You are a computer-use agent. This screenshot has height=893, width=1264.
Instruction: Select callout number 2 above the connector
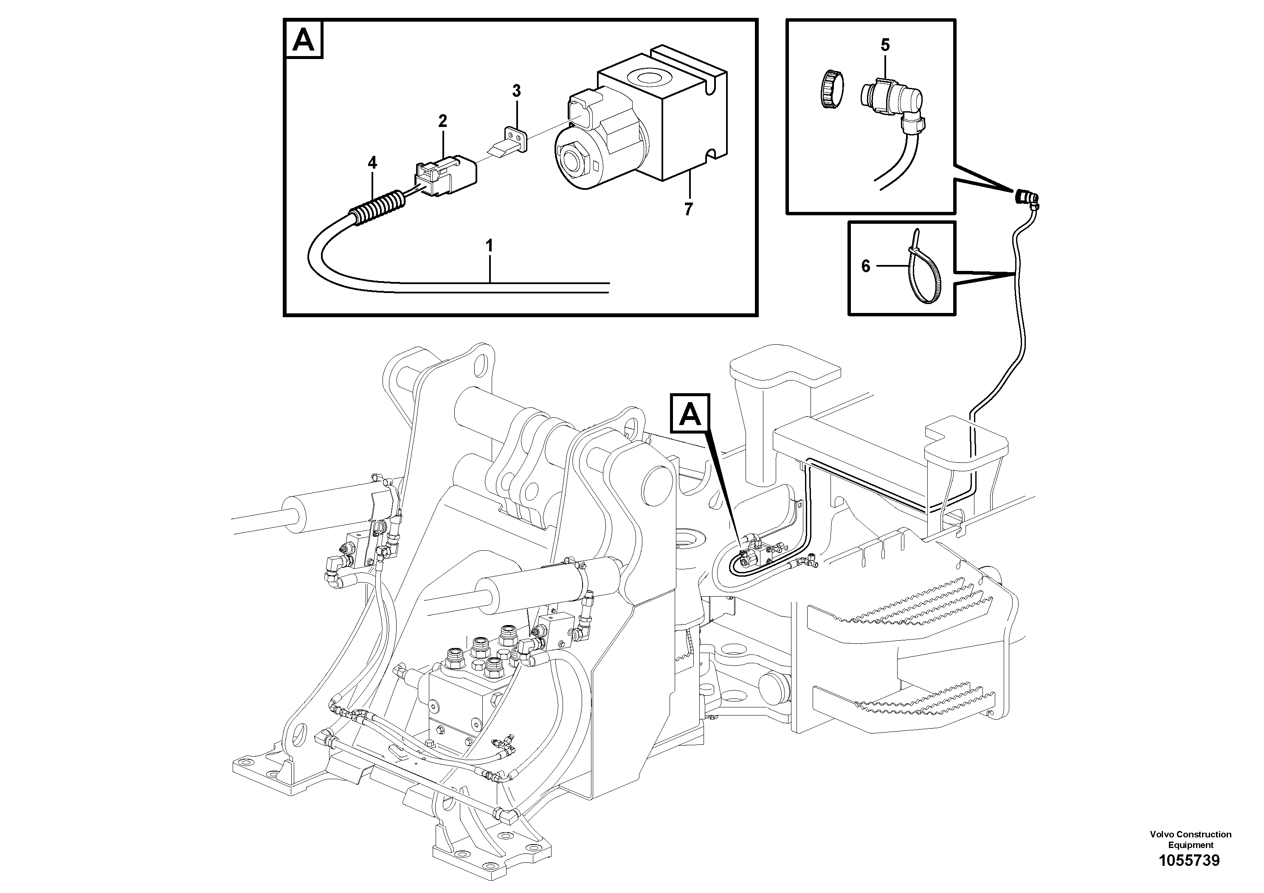click(442, 121)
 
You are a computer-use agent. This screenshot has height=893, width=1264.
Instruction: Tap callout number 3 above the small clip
click(516, 91)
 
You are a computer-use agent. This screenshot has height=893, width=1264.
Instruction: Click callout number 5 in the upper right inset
click(885, 45)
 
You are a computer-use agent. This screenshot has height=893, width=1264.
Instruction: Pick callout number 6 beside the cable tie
click(865, 267)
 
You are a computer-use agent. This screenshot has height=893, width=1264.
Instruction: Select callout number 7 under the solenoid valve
click(688, 209)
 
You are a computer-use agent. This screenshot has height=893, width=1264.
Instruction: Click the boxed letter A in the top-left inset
click(303, 40)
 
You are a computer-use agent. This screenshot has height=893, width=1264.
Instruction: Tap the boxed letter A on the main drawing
click(690, 414)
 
